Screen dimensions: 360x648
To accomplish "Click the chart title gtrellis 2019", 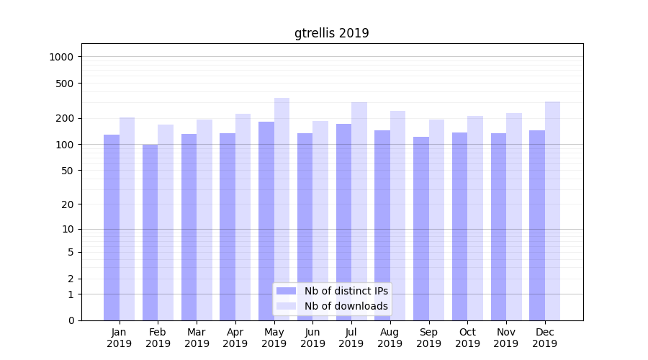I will [x=331, y=33].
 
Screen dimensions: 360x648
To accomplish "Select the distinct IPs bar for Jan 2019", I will [x=112, y=227].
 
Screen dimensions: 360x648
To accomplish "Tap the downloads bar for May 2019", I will [x=282, y=209].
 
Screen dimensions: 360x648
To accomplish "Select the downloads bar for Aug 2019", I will [x=398, y=215].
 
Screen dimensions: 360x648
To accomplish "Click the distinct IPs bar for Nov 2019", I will [x=498, y=226].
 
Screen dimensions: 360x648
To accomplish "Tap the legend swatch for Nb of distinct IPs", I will [x=287, y=291].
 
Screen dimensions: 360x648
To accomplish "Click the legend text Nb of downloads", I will [x=346, y=306].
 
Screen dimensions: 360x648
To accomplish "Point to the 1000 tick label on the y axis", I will [x=61, y=57].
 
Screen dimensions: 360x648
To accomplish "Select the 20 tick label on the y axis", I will [x=67, y=204].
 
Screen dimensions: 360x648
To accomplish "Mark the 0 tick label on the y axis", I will [x=71, y=320].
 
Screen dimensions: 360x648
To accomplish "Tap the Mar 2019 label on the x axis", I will [x=197, y=338].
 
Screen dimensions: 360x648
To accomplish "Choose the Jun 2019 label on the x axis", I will [x=312, y=338].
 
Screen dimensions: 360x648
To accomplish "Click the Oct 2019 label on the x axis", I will [x=467, y=338].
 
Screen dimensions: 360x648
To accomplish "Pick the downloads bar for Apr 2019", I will [x=243, y=217].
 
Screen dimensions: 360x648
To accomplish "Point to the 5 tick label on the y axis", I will [x=71, y=252].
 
